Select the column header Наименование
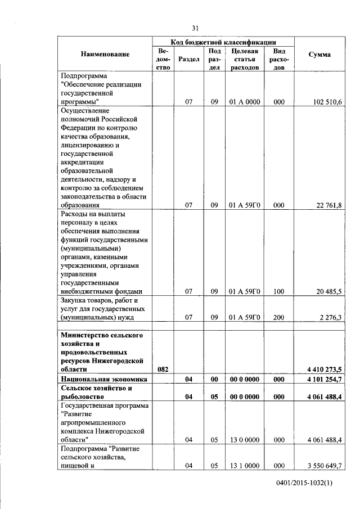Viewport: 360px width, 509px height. click(x=105, y=55)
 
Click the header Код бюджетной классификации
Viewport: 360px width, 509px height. click(x=223, y=42)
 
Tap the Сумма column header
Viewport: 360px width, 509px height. click(x=319, y=55)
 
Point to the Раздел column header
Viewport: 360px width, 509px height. click(x=188, y=58)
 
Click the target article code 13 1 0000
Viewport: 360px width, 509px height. click(x=244, y=466)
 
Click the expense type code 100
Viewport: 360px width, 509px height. click(x=278, y=291)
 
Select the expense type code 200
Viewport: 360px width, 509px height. click(x=278, y=317)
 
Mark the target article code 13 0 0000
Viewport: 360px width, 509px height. click(x=244, y=440)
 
